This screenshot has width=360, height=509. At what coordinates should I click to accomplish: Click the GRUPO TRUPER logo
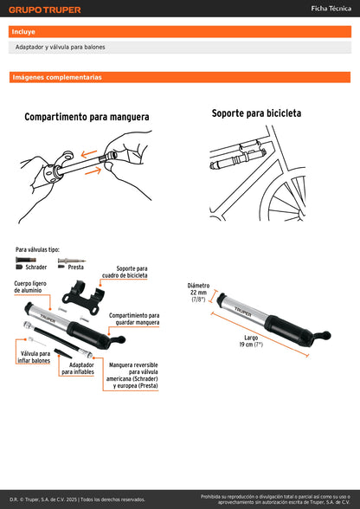[x=45, y=10]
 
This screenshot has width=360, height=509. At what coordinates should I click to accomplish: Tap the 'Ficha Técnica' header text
[x=330, y=9]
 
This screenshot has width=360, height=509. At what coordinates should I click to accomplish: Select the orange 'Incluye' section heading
[x=24, y=31]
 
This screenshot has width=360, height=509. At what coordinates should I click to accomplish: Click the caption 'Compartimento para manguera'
[x=87, y=116]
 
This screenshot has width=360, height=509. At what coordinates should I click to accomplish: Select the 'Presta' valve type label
[x=75, y=267]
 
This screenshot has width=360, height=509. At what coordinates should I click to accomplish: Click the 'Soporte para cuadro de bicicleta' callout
[x=132, y=273]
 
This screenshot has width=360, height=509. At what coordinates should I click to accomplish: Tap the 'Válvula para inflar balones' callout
[x=34, y=357]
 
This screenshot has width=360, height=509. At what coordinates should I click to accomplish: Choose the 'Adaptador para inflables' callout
[x=80, y=369]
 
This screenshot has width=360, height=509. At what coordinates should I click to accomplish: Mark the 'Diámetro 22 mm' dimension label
[x=198, y=292]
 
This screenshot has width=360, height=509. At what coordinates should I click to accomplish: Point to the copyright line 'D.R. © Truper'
[x=78, y=499]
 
